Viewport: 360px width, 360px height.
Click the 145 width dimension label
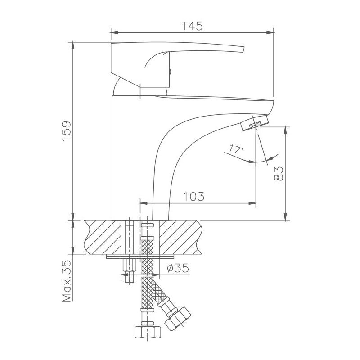[192, 25]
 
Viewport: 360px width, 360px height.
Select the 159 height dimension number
[66, 131]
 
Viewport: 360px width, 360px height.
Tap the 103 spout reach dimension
[194, 196]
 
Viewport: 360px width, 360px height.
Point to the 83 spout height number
[279, 173]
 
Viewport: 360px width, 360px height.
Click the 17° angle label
[236, 148]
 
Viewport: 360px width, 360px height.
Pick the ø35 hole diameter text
[177, 268]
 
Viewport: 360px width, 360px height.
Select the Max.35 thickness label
[67, 280]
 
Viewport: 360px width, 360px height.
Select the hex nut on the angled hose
[179, 318]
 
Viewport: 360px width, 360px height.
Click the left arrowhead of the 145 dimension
[113, 32]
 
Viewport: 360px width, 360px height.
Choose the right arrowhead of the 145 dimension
[271, 32]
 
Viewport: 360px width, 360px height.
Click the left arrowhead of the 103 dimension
[143, 203]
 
